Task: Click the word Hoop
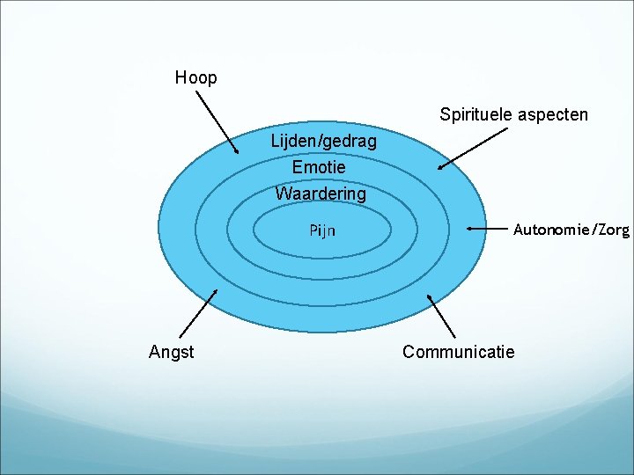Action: pyautogui.click(x=195, y=77)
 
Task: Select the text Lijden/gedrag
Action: pyautogui.click(x=323, y=141)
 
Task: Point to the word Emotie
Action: pyautogui.click(x=319, y=166)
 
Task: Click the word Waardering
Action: pyautogui.click(x=321, y=193)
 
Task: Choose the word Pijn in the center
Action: pyautogui.click(x=321, y=230)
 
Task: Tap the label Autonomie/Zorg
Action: pyautogui.click(x=571, y=230)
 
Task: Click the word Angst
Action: pyautogui.click(x=172, y=352)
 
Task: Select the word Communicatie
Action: pyautogui.click(x=458, y=352)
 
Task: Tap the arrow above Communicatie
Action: pyautogui.click(x=441, y=316)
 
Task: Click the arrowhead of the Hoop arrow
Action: pyautogui.click(x=235, y=150)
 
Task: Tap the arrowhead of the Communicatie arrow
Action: pyautogui.click(x=430, y=297)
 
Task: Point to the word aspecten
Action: pyautogui.click(x=554, y=115)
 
